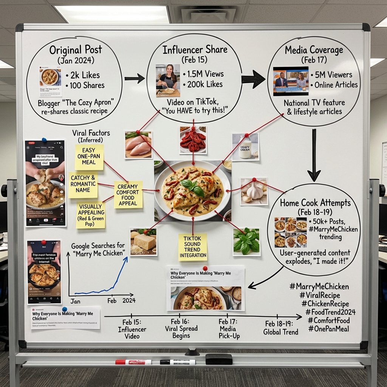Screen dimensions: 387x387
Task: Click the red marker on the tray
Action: pyautogui.click(x=133, y=362)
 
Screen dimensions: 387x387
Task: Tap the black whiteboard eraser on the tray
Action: pyautogui.click(x=219, y=359)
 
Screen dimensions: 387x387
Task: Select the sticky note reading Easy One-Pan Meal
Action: pyautogui.click(x=89, y=157)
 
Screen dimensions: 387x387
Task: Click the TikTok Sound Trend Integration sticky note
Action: pyautogui.click(x=193, y=247)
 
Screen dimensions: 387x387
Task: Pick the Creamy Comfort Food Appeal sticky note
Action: pyautogui.click(x=128, y=194)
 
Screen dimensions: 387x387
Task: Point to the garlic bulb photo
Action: pyautogui.click(x=254, y=192)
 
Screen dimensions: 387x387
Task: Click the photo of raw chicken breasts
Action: pyautogui.click(x=138, y=145)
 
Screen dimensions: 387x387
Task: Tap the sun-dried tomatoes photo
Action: pyautogui.click(x=193, y=140)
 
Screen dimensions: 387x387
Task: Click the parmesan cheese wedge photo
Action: pyautogui.click(x=143, y=242)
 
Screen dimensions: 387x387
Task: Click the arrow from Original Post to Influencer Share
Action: pyautogui.click(x=134, y=79)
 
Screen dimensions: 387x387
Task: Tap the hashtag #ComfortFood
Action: pyautogui.click(x=328, y=320)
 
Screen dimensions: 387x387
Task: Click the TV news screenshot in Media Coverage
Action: pyautogui.click(x=290, y=81)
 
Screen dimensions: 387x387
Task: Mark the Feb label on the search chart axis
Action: pyautogui.click(x=112, y=301)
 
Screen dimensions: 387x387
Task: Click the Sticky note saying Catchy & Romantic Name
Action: pyautogui.click(x=83, y=185)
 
